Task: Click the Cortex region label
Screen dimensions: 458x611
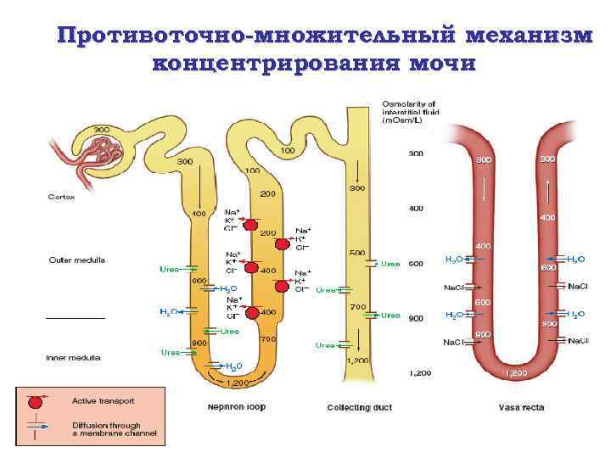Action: tap(61, 197)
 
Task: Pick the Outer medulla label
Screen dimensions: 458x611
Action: tap(76, 260)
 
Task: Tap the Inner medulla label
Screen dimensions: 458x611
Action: tap(74, 358)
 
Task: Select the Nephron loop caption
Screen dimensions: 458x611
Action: tap(236, 406)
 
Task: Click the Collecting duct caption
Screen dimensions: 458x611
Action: tap(359, 407)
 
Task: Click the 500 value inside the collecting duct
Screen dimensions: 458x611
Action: tap(357, 252)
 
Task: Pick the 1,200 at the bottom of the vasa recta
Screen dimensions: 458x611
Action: tap(517, 372)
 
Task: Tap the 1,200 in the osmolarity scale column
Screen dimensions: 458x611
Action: tap(418, 372)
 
